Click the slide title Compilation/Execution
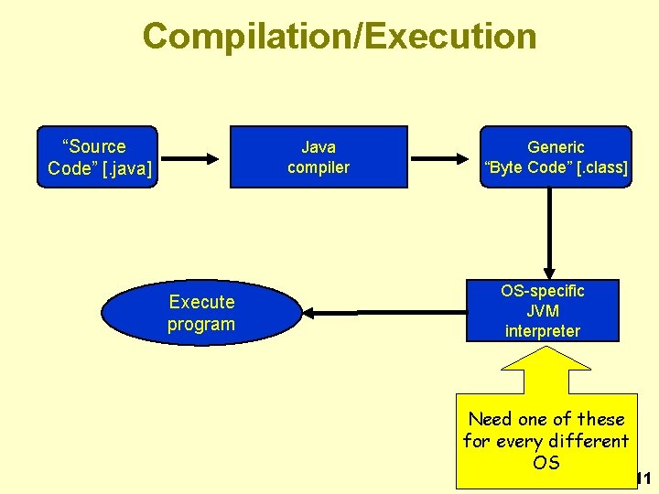pos(339,37)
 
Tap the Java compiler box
pos(318,156)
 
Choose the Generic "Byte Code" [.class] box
pos(556,156)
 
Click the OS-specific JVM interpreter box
pos(542,310)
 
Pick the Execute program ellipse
pos(200,313)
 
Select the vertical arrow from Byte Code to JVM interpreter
pos(549,233)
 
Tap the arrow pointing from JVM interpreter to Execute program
pos(384,313)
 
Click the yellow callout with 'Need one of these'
pos(546,439)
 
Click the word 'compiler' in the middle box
pos(318,167)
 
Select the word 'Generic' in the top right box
pos(556,146)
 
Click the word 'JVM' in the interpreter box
pos(542,311)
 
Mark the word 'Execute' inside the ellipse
pos(201,302)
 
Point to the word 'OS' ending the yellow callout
pos(546,463)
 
